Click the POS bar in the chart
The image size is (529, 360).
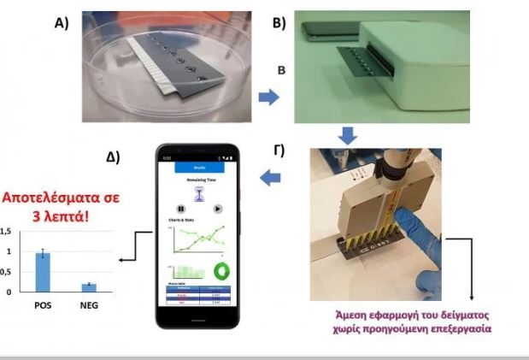pyautogui.click(x=42, y=272)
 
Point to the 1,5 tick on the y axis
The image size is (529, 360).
pyautogui.click(x=6, y=232)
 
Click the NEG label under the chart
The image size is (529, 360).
pyautogui.click(x=89, y=304)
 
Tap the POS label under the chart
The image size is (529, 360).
pyautogui.click(x=42, y=304)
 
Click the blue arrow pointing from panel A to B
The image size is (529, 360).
pyautogui.click(x=269, y=98)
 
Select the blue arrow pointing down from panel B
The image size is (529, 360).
pyautogui.click(x=347, y=135)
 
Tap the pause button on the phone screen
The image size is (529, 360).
pyautogui.click(x=181, y=209)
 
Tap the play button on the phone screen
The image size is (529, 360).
pyautogui.click(x=217, y=209)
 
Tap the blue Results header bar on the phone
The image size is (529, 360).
pyautogui.click(x=200, y=168)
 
